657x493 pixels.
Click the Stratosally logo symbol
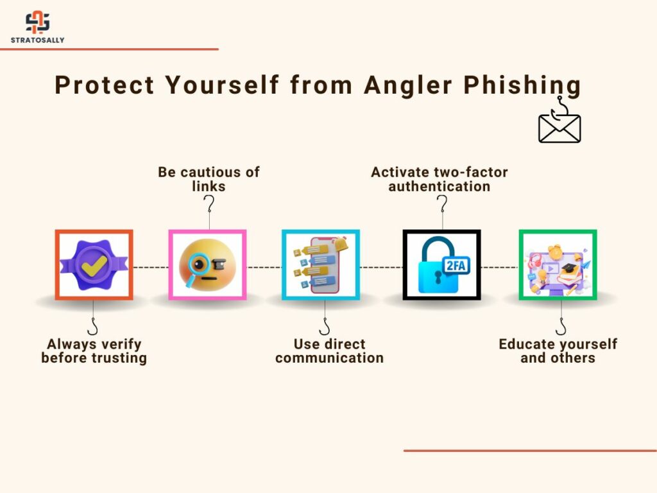coord(38,22)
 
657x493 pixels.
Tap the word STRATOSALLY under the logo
coord(38,40)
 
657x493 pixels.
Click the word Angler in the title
coord(408,86)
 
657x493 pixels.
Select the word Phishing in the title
coord(522,86)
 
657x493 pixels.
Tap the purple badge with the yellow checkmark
coord(94,265)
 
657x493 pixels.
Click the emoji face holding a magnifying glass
coord(207,265)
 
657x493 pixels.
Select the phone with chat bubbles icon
coord(321,265)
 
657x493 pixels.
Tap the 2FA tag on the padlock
coord(456,266)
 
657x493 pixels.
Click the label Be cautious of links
coord(209,179)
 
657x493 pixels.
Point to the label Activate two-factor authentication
coord(439,179)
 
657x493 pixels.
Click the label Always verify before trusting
coord(94,351)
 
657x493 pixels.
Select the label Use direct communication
coord(329,351)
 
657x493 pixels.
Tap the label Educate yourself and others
coord(558,351)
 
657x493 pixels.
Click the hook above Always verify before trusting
coord(93,327)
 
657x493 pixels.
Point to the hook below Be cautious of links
coord(209,205)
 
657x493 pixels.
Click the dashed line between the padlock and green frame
coord(499,267)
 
